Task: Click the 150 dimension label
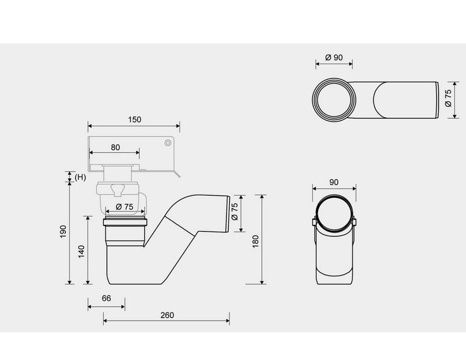pyautogui.click(x=135, y=119)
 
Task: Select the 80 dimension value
pyautogui.click(x=115, y=147)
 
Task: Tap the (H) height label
pyautogui.click(x=80, y=178)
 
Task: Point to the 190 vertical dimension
pyautogui.click(x=63, y=231)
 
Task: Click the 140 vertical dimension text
pyautogui.click(x=81, y=252)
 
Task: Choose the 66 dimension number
pyautogui.click(x=106, y=298)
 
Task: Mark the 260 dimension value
pyautogui.click(x=167, y=315)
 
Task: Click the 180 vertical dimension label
pyautogui.click(x=255, y=241)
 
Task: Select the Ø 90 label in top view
pyautogui.click(x=334, y=57)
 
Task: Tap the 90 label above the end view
pyautogui.click(x=334, y=182)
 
